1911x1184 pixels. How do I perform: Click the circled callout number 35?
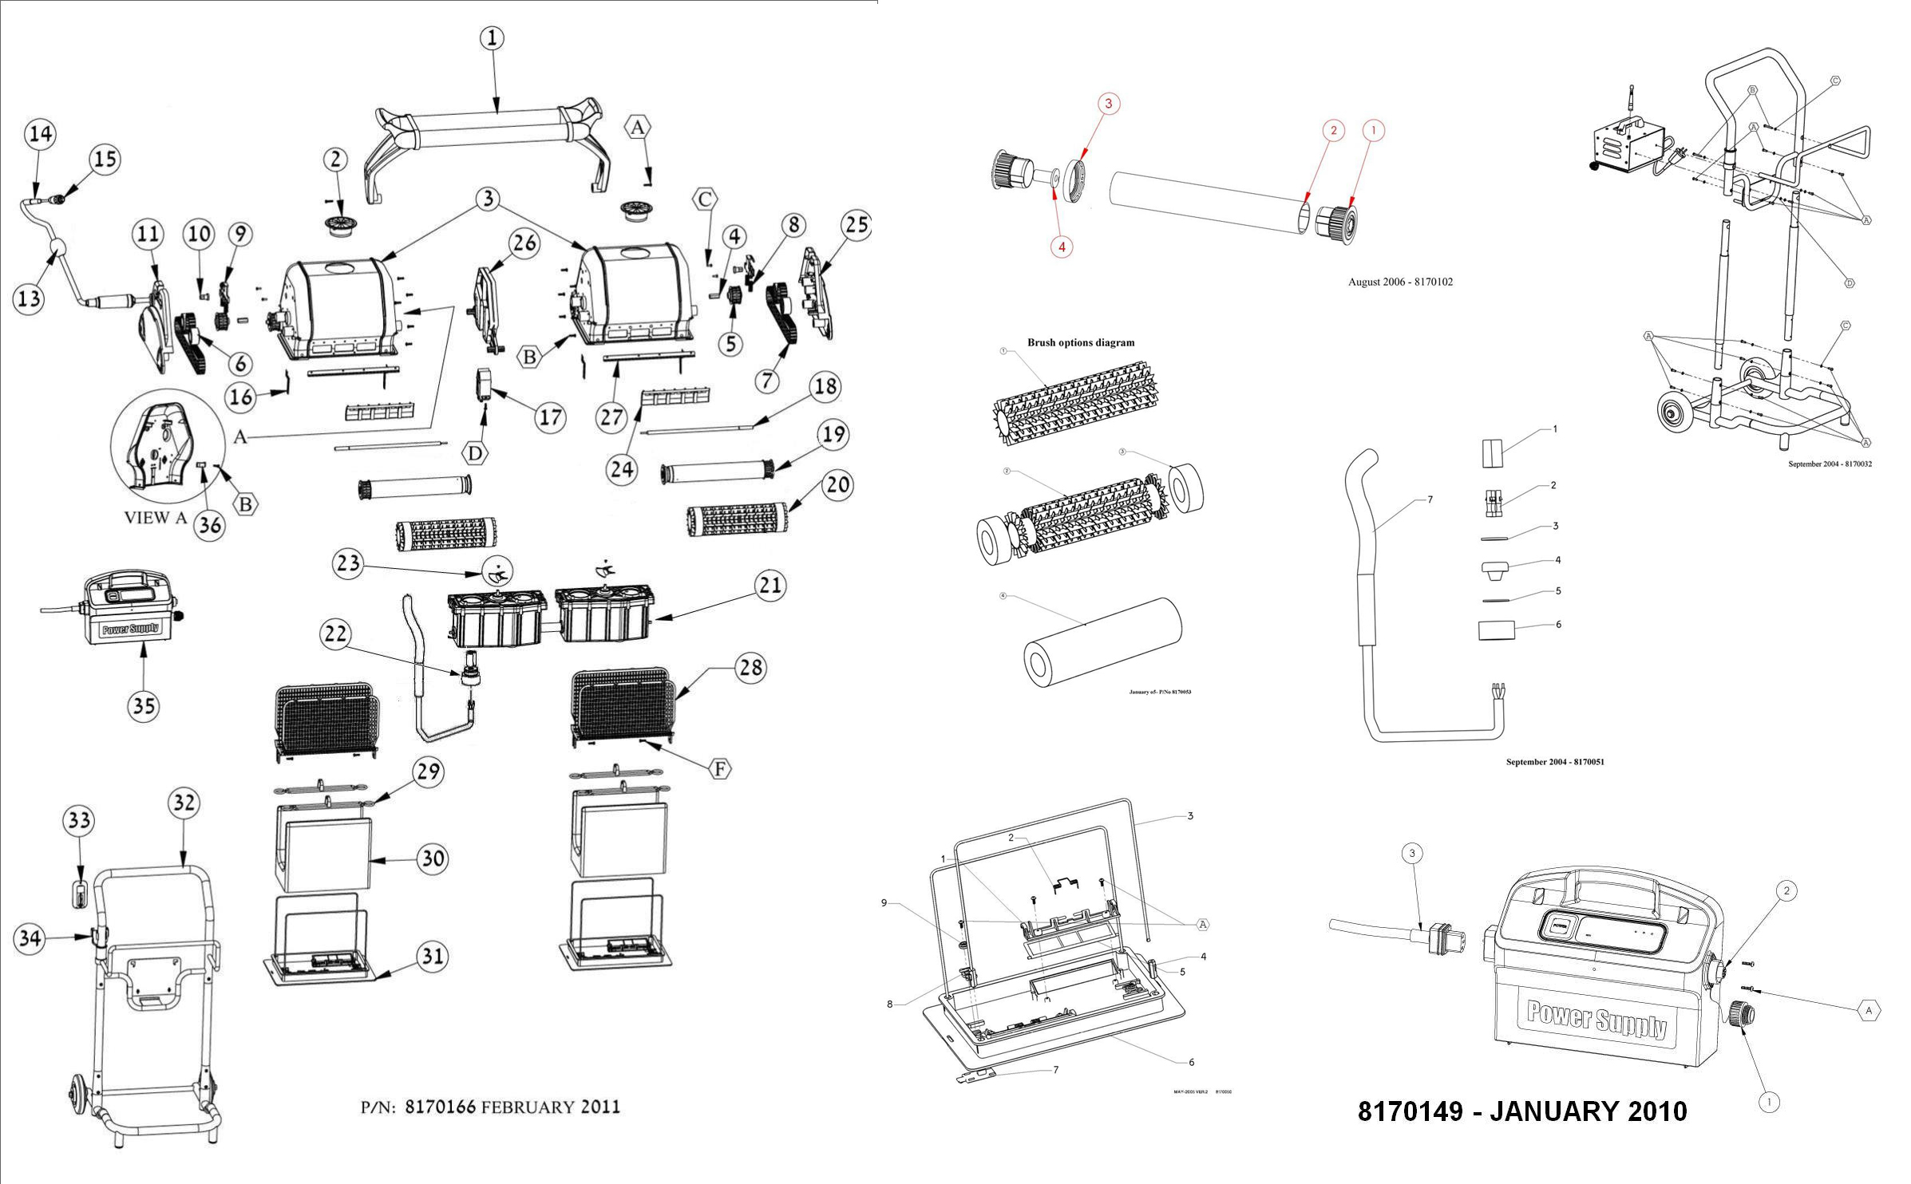tap(144, 706)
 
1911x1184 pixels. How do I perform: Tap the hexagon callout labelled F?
tap(720, 768)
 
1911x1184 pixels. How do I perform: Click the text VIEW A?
tap(156, 518)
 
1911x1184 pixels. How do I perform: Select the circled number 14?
tap(41, 133)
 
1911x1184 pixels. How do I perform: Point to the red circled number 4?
tap(1062, 247)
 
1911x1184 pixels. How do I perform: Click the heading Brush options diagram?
tap(1080, 343)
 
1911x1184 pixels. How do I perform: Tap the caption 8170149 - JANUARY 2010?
tap(1522, 1111)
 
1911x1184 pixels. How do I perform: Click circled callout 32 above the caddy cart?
tap(184, 803)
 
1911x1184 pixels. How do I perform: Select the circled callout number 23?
tap(348, 564)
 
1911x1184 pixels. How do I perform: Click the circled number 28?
tap(750, 667)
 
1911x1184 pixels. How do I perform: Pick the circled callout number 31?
tap(433, 956)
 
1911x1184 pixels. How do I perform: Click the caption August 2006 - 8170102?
tap(1400, 282)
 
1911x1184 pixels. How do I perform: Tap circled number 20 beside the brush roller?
tap(837, 484)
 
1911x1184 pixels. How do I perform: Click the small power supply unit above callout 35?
tap(128, 610)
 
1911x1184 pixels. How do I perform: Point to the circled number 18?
tap(825, 386)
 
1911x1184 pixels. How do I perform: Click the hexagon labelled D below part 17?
tap(475, 453)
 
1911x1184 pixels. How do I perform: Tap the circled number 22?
tap(335, 634)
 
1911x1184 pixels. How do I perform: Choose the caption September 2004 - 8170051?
tap(1554, 762)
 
